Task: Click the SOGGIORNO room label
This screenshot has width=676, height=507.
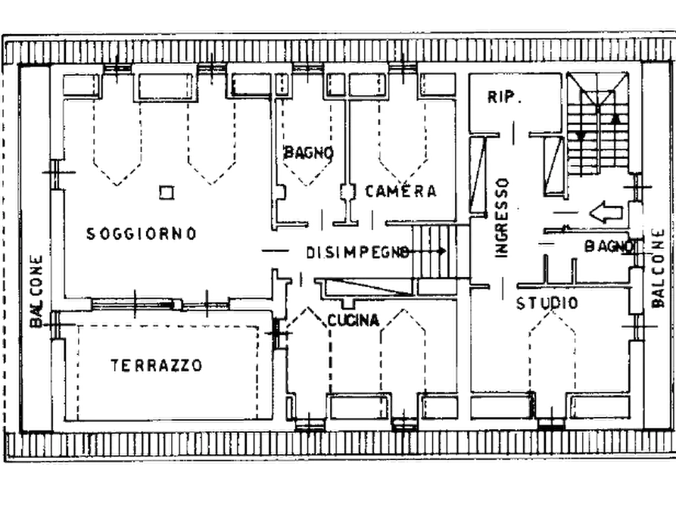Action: [x=142, y=234]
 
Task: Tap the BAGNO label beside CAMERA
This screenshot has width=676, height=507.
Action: [x=309, y=152]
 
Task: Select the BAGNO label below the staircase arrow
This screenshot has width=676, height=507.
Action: [x=608, y=247]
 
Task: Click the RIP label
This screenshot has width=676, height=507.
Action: [x=500, y=97]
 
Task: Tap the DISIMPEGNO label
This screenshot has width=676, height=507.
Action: [x=357, y=250]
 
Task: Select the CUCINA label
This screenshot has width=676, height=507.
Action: [x=353, y=321]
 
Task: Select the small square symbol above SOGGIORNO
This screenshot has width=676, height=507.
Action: [x=164, y=193]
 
